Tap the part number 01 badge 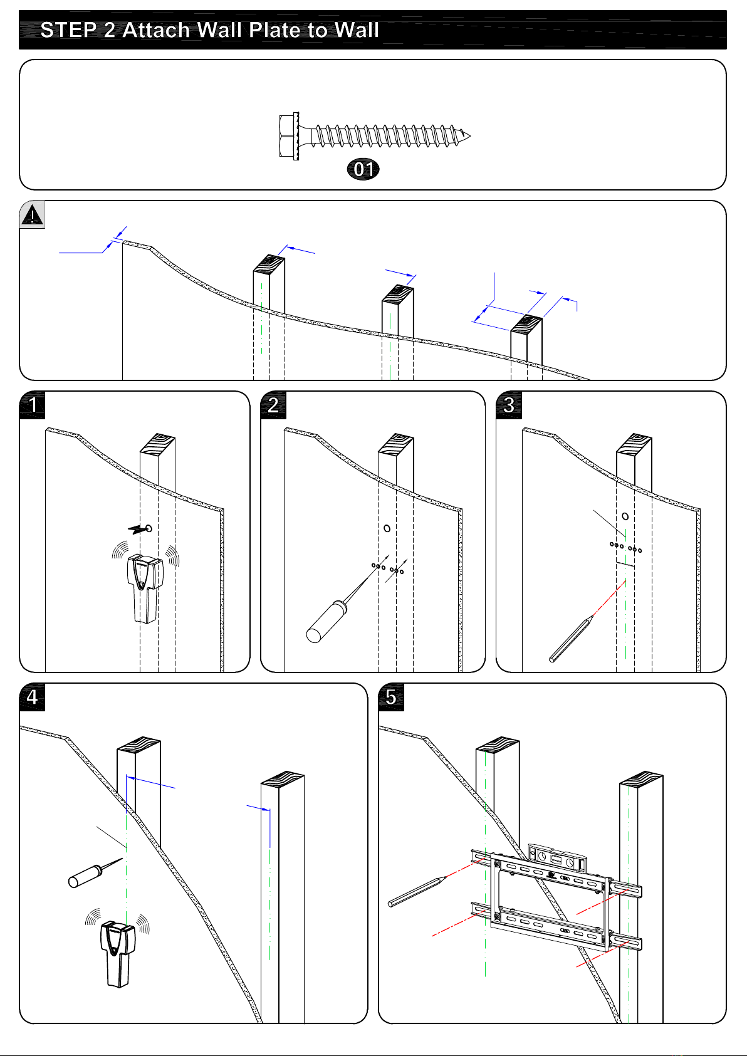click(363, 169)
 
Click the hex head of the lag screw click(288, 135)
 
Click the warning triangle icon click(32, 215)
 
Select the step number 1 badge click(33, 405)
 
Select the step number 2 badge click(273, 405)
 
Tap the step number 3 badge click(509, 405)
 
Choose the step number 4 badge click(33, 697)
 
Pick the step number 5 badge click(391, 697)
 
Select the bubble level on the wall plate click(557, 858)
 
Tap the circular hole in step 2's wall click(387, 528)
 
